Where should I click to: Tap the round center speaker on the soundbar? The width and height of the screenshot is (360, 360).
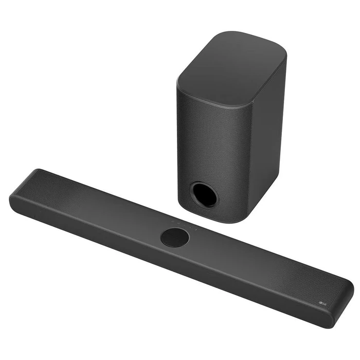(174, 237)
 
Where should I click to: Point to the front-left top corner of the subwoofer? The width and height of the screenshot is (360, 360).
(180, 82)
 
